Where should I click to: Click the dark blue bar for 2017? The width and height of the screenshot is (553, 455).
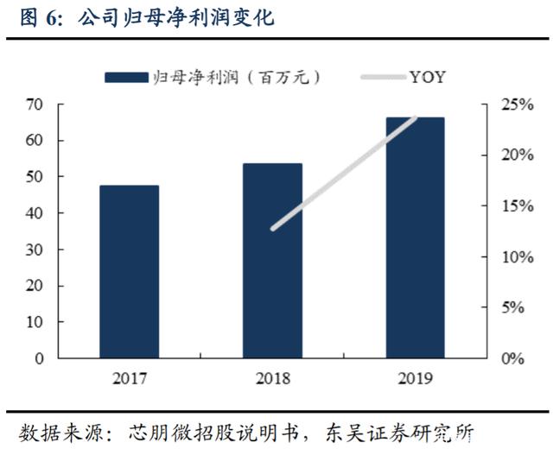click(x=129, y=272)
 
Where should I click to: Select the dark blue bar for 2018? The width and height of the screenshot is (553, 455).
click(x=272, y=261)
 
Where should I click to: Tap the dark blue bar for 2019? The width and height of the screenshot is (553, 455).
click(x=415, y=238)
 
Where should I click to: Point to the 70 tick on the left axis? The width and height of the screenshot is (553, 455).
click(x=35, y=104)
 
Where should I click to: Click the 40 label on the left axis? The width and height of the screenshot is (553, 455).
click(x=35, y=213)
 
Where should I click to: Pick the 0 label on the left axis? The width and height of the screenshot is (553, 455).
click(x=39, y=358)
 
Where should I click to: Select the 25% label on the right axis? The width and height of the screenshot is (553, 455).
click(x=518, y=104)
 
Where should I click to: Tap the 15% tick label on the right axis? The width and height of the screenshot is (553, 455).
click(x=518, y=205)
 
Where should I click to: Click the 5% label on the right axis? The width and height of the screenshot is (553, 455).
click(x=512, y=307)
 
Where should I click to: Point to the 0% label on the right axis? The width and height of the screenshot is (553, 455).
click(x=512, y=358)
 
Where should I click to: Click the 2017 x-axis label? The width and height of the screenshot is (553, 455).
click(x=130, y=378)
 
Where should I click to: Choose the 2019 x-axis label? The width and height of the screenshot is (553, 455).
click(x=415, y=378)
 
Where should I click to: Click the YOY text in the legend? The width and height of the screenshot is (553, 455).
click(x=428, y=77)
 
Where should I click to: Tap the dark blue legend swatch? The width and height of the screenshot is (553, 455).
click(x=126, y=77)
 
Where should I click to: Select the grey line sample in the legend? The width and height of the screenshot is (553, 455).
click(x=384, y=77)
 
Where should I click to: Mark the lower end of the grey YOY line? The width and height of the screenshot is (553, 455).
click(x=273, y=229)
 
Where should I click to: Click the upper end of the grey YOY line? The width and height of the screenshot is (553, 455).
click(x=416, y=117)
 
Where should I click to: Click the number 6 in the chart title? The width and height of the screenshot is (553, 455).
click(x=51, y=18)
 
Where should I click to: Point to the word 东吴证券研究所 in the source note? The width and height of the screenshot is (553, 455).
click(x=399, y=433)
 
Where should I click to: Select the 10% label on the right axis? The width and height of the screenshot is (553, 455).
click(x=518, y=257)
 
